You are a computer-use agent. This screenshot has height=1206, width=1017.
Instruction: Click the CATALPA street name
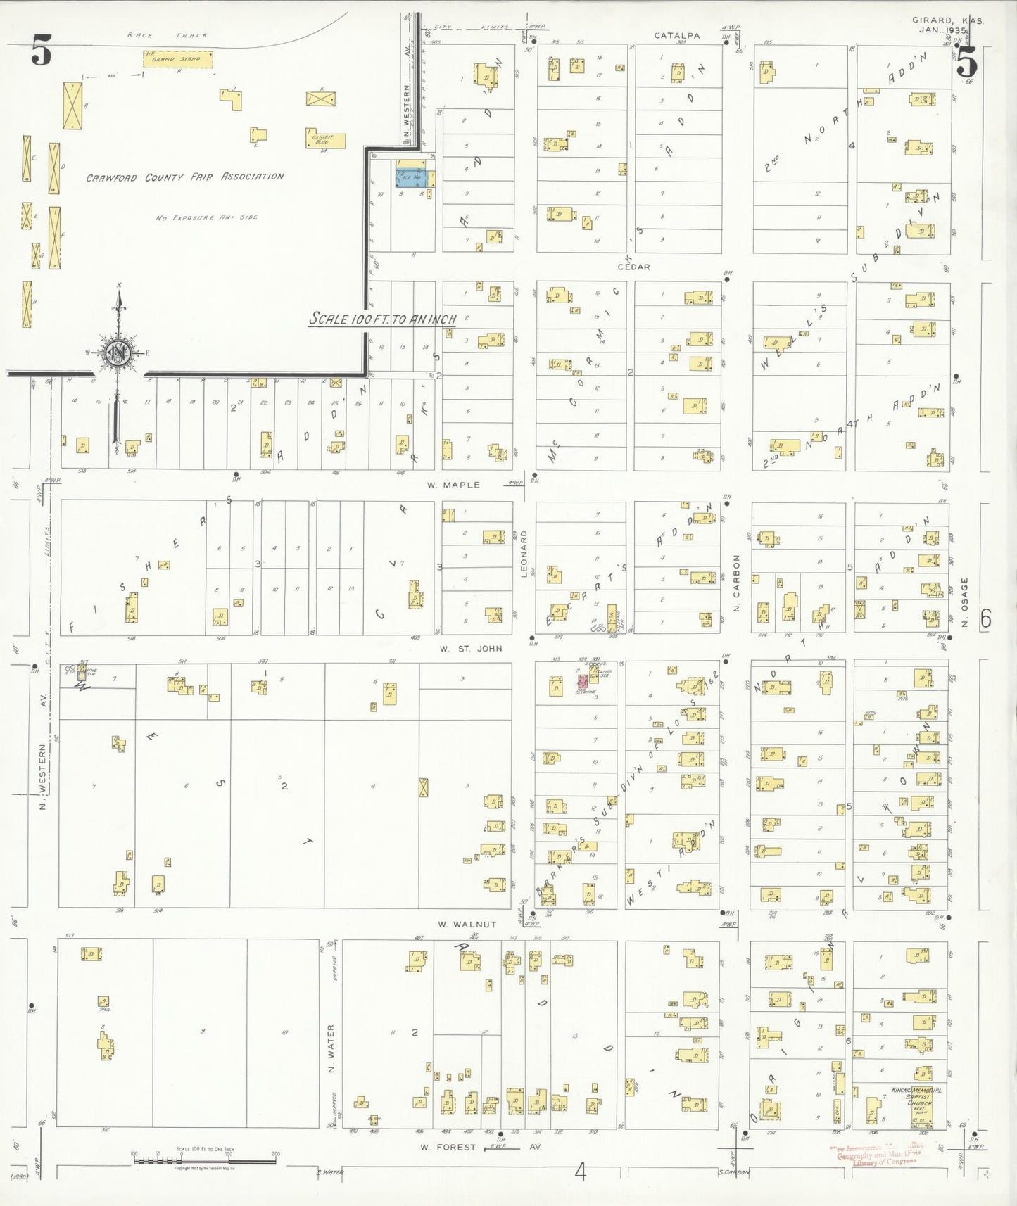pyautogui.click(x=676, y=35)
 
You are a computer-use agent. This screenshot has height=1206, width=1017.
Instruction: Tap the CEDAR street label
pyautogui.click(x=633, y=267)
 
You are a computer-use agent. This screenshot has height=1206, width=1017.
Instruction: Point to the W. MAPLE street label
pyautogui.click(x=453, y=485)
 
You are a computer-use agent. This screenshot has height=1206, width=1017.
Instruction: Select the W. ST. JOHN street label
pyautogui.click(x=471, y=648)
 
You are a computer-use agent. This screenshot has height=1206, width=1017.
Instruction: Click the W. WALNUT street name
pyautogui.click(x=467, y=924)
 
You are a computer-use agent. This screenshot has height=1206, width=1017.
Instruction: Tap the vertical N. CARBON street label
pyautogui.click(x=737, y=582)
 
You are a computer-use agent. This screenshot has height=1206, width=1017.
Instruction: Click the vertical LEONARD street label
pyautogui.click(x=524, y=553)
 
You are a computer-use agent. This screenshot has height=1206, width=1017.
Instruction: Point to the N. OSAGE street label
pyautogui.click(x=965, y=602)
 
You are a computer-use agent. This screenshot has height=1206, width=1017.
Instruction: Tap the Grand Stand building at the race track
pyautogui.click(x=178, y=59)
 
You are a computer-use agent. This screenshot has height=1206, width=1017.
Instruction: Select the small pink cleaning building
pyautogui.click(x=583, y=681)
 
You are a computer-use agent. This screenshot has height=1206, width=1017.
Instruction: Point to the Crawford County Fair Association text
pyautogui.click(x=185, y=177)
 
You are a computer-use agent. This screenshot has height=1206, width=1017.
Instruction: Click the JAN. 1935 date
pyautogui.click(x=943, y=30)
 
